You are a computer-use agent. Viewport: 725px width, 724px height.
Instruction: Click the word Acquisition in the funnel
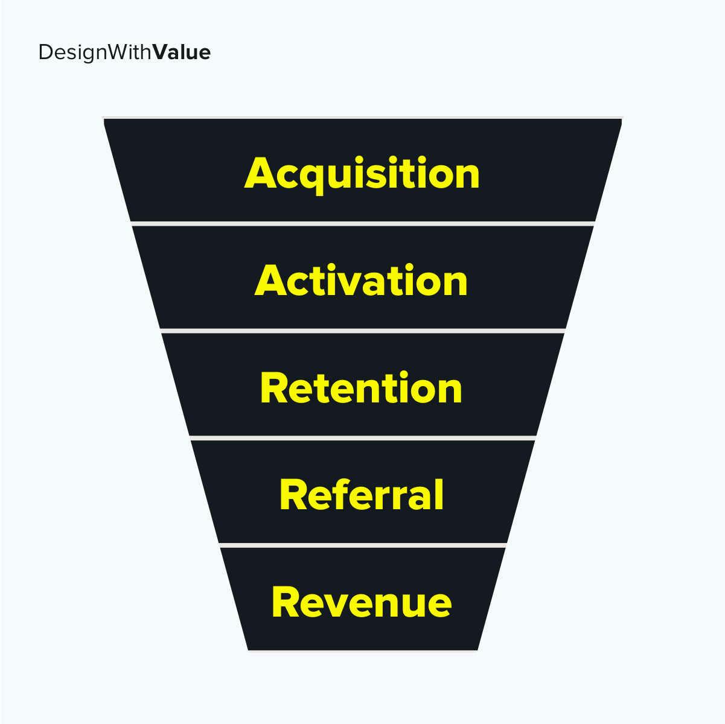tap(362, 175)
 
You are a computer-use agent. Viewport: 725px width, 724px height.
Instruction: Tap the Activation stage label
tap(361, 280)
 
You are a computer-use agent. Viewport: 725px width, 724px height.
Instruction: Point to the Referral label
tap(362, 494)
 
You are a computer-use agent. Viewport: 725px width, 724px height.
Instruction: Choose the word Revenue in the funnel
tap(362, 602)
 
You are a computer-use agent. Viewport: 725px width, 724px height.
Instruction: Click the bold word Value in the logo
tap(182, 52)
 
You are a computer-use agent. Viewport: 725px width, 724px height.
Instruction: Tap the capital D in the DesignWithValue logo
tap(45, 52)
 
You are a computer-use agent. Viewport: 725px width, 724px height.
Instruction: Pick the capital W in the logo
tap(118, 52)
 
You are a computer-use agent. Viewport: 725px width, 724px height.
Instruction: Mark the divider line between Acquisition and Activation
tap(362, 224)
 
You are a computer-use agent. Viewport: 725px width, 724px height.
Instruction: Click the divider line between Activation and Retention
tap(362, 331)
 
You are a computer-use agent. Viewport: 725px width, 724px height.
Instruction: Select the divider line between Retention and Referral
tap(363, 438)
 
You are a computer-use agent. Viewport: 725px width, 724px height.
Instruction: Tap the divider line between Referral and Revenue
tap(363, 545)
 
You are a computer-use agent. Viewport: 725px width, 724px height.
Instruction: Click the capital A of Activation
tap(271, 280)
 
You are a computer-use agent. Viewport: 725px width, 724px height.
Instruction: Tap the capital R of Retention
tap(273, 387)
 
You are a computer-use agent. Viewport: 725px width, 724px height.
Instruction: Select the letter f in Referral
tap(347, 494)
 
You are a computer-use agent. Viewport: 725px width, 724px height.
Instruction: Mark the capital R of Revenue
tap(285, 602)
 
